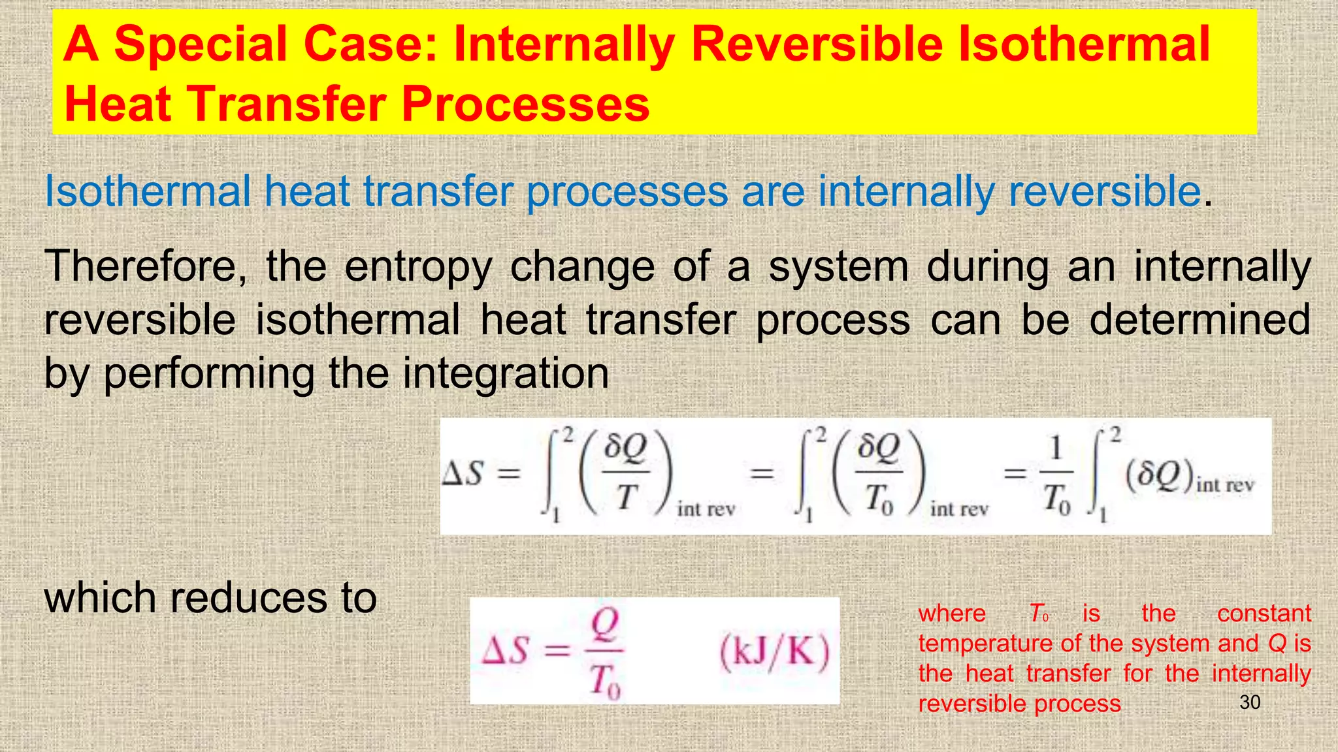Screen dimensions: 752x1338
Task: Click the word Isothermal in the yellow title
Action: [x=1083, y=44]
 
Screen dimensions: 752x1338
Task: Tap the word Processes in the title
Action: [x=525, y=104]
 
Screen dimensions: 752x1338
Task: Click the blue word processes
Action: [x=627, y=192]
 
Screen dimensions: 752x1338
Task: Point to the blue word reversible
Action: [x=1104, y=192]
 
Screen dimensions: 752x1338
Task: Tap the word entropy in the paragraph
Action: [x=418, y=268]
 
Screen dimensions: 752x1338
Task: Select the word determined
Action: [x=1199, y=320]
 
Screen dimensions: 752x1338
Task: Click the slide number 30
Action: [x=1249, y=702]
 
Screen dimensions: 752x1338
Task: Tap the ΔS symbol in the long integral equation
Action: [x=463, y=473]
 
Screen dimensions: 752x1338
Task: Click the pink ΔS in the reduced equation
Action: [x=504, y=651]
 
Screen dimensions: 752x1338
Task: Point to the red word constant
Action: [x=1264, y=614]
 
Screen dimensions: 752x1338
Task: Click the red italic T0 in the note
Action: [x=1039, y=614]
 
